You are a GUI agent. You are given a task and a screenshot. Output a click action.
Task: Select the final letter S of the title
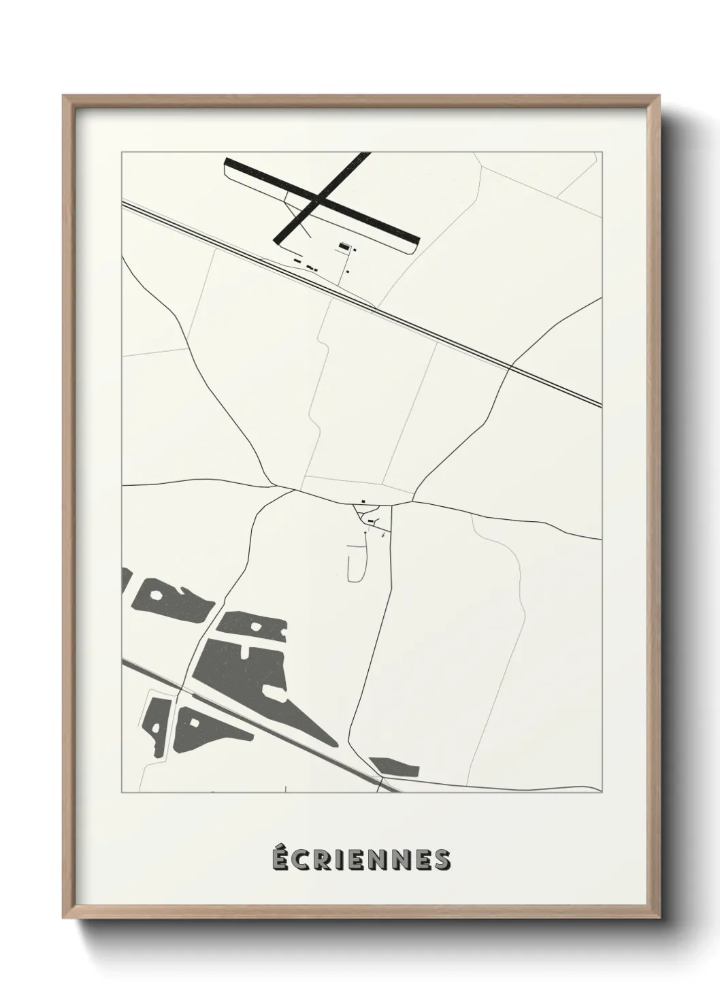click(x=442, y=860)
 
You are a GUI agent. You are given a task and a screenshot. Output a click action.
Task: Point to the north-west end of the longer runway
click(x=228, y=162)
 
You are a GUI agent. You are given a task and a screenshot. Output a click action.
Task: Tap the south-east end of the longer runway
click(x=416, y=240)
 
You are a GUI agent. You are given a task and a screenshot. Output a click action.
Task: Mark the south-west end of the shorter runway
click(x=278, y=240)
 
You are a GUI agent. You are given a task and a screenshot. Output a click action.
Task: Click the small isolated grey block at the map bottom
click(x=394, y=767)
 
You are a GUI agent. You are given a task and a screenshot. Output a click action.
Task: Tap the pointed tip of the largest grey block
click(x=334, y=744)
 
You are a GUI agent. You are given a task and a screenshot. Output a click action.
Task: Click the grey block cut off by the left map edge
click(x=125, y=580)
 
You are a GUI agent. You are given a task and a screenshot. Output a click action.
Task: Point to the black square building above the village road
click(x=363, y=502)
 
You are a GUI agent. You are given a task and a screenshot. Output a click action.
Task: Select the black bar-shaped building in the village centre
click(x=371, y=521)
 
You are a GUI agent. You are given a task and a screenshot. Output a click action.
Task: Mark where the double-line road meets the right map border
click(x=601, y=406)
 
